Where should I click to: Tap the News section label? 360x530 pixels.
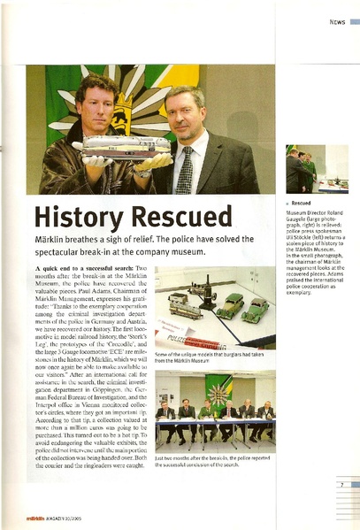pos(337,21)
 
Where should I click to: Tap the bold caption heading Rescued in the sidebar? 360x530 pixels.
pos(302,202)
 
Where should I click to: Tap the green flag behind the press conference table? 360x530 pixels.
pos(218,390)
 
